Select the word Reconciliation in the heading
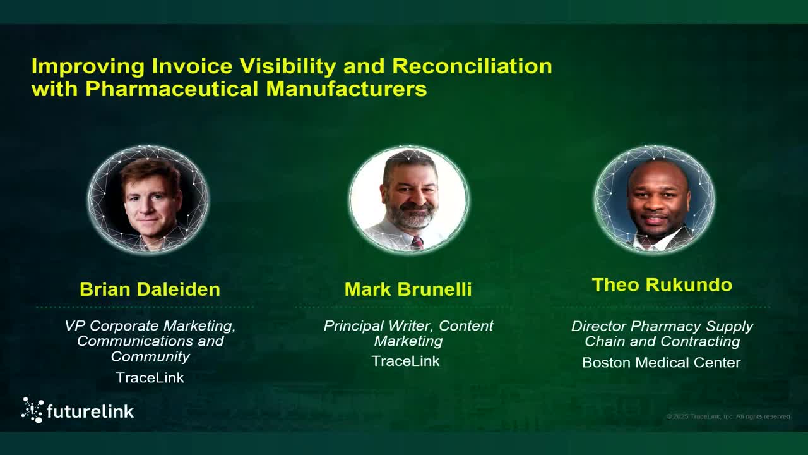point(472,66)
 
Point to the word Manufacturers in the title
point(346,89)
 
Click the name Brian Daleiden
point(150,289)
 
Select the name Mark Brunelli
point(408,289)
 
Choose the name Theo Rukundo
point(662,285)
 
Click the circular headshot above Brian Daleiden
point(148,199)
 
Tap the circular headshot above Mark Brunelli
point(409,199)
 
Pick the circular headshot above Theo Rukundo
point(655,199)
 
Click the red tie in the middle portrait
point(417,243)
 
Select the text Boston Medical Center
point(661,363)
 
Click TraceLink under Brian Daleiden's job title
point(150,378)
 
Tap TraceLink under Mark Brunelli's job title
point(405,361)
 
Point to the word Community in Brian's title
point(150,356)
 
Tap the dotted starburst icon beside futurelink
point(32,410)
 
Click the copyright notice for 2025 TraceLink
point(728,416)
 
